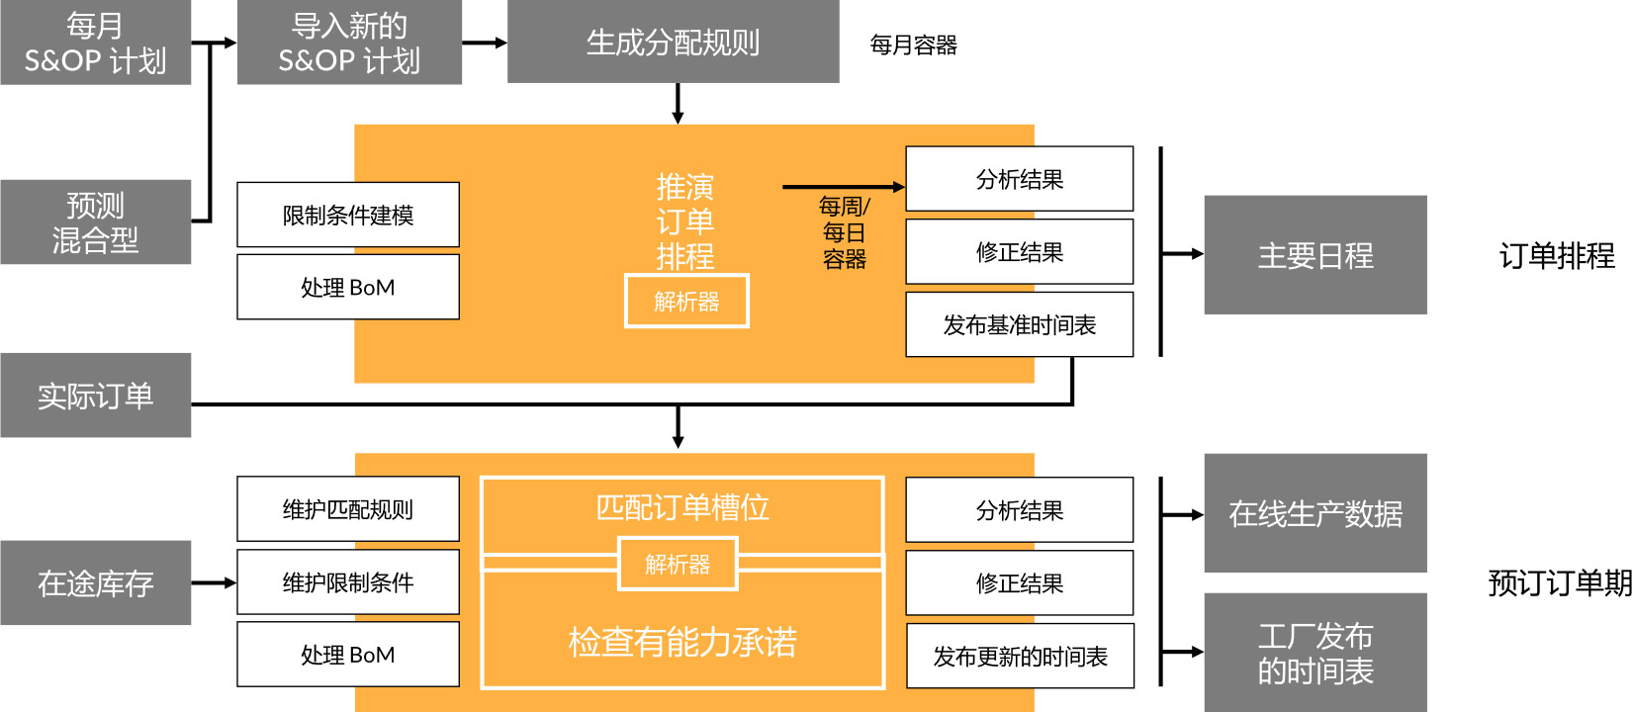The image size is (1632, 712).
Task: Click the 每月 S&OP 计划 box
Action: pyautogui.click(x=95, y=43)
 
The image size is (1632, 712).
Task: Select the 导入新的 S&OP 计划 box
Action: pyautogui.click(x=349, y=43)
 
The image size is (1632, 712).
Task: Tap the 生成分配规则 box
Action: pyautogui.click(x=674, y=42)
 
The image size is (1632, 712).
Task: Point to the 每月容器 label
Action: pyautogui.click(x=913, y=45)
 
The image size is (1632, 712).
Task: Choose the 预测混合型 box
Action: pyautogui.click(x=95, y=222)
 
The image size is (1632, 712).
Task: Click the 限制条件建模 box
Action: pyautogui.click(x=348, y=215)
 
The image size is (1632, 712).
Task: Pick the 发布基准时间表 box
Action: pyautogui.click(x=1020, y=324)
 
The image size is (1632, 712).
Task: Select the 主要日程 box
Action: pyautogui.click(x=1315, y=254)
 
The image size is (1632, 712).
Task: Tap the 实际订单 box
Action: pyautogui.click(x=95, y=395)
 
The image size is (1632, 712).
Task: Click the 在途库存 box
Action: pyautogui.click(x=95, y=582)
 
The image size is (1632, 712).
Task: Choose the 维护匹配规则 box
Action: pyautogui.click(x=348, y=508)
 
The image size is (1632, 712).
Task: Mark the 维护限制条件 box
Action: pyautogui.click(x=348, y=581)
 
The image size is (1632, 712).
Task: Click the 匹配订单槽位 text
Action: pyautogui.click(x=682, y=507)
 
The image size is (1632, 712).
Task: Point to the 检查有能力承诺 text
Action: pyautogui.click(x=682, y=642)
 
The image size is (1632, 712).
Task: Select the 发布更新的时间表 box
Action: pyautogui.click(x=1020, y=656)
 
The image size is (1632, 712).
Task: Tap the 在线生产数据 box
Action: pyautogui.click(x=1315, y=513)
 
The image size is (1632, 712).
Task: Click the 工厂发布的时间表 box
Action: pyautogui.click(x=1315, y=653)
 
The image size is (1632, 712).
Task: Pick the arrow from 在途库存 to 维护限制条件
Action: pyautogui.click(x=215, y=582)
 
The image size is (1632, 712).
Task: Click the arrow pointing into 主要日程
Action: pyautogui.click(x=1183, y=253)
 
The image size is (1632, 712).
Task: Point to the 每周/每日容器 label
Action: pyautogui.click(x=845, y=232)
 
